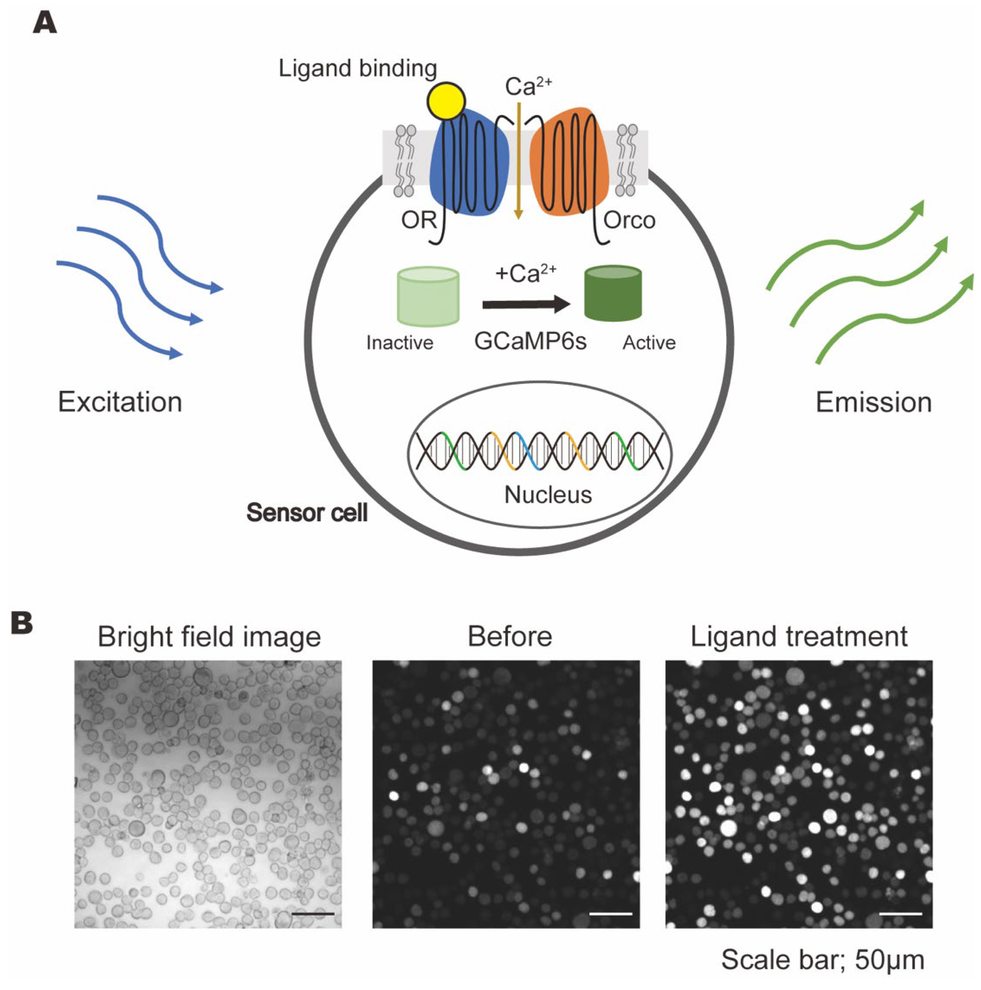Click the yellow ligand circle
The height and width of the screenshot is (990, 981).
pos(446,101)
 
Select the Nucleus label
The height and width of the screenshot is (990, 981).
pos(548,495)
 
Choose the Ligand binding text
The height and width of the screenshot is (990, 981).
pos(357,69)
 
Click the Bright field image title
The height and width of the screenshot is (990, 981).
pos(209,637)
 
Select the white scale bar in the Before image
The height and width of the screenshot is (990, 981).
pos(611,914)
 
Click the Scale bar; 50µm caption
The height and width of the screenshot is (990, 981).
pos(822,960)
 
